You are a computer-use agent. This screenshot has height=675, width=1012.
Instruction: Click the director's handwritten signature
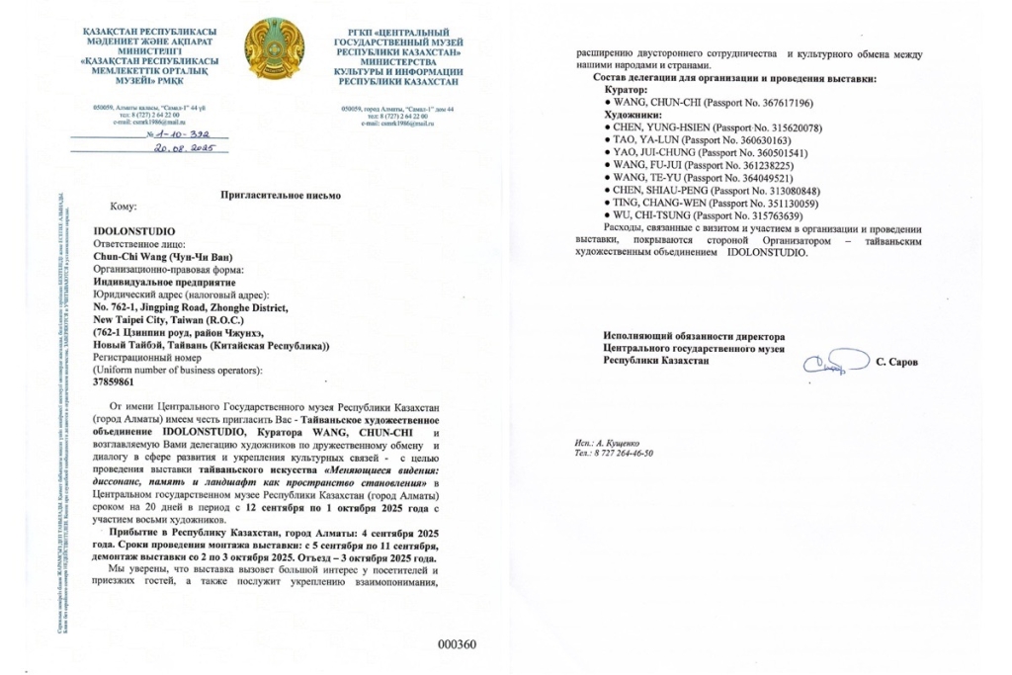click(x=831, y=364)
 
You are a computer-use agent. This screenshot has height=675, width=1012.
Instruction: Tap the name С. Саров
click(x=896, y=363)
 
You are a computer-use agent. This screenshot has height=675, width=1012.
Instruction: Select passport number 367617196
click(x=757, y=103)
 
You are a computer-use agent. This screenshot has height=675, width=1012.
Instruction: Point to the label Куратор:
click(x=622, y=90)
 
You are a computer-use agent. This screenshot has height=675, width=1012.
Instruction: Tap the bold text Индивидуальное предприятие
click(x=163, y=282)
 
